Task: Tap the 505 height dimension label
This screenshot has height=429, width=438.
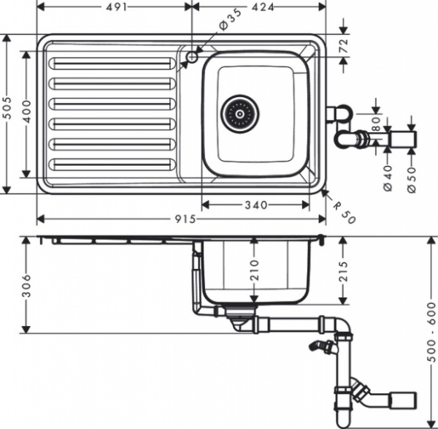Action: pos(8,113)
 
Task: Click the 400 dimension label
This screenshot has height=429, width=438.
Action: pos(28,113)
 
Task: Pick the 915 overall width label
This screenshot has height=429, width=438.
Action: pos(182,220)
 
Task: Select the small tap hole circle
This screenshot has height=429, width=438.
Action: pos(192,56)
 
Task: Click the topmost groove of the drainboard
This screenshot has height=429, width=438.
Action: pos(111,64)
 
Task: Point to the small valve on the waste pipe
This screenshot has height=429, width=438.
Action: pos(320,345)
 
